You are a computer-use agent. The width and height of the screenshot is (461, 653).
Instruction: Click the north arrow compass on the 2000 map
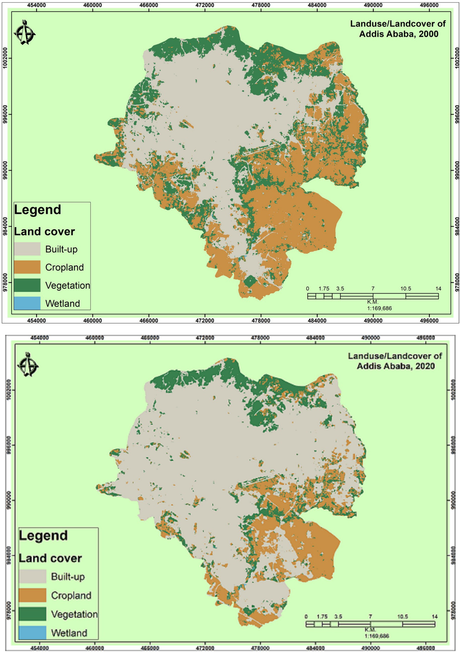pos(25,33)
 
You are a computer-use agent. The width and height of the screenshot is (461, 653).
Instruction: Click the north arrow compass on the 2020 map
pos(28,365)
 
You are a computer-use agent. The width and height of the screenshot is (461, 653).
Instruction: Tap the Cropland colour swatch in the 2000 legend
pos(27,267)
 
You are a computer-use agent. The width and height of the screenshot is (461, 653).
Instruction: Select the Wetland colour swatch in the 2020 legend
pos(32,633)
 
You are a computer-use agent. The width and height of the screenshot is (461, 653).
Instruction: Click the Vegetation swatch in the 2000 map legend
pos(27,285)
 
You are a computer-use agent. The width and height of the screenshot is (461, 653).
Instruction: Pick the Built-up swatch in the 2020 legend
pos(32,576)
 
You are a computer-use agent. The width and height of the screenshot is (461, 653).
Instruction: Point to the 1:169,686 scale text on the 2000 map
pos(379,308)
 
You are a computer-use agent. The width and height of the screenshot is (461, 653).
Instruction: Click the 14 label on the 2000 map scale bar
pos(438,289)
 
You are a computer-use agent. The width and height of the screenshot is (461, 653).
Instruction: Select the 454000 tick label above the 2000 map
pos(37,5)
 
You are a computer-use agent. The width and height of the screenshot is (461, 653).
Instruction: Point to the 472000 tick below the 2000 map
pos(205,321)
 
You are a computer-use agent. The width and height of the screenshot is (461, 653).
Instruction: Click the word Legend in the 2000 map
pos(38,210)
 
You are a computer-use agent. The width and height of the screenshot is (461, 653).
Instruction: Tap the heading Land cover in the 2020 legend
pos(50,558)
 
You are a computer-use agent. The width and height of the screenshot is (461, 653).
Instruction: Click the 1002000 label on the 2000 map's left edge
pos(5,58)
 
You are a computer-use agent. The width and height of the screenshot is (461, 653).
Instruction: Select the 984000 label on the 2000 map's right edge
pos(457,227)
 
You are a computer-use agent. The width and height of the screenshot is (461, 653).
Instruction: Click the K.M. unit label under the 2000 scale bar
pos(373,302)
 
